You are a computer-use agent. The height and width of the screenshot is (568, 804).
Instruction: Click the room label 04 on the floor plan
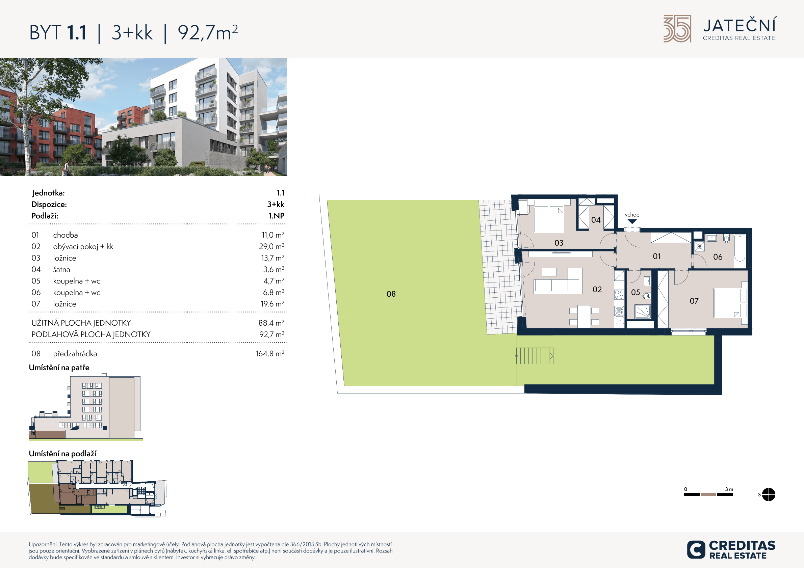coord(596,220)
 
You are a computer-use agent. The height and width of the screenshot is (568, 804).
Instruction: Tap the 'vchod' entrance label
coord(632,215)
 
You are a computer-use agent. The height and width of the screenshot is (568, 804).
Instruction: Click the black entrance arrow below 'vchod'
coord(632,221)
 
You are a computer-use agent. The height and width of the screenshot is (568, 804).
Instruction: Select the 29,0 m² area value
coord(271,246)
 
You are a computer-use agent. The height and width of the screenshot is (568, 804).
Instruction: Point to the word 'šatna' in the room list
coord(62,269)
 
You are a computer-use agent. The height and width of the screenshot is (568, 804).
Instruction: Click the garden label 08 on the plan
coord(391,294)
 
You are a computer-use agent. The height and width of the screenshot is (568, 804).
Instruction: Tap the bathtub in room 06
coord(740,248)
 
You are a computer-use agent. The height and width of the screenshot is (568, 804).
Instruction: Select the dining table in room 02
coord(584,316)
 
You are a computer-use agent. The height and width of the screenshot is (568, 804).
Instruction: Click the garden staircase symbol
coord(535,356)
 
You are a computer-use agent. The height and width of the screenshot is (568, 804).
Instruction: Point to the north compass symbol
coord(768,494)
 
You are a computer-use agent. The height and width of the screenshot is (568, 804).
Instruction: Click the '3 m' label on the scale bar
coord(729,489)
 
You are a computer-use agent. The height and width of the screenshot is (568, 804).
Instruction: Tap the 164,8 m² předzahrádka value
coord(270,353)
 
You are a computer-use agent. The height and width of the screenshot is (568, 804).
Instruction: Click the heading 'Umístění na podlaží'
coord(62,454)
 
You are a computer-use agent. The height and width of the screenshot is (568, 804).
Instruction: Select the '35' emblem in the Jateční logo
coord(677,29)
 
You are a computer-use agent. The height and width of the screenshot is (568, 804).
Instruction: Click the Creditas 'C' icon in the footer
coord(696,550)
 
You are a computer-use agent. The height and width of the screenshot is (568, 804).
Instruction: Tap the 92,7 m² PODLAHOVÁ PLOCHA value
coord(271,334)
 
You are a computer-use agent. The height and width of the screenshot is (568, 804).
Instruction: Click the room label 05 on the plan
coord(636,292)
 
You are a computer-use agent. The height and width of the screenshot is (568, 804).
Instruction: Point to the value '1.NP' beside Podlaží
coord(276,216)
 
